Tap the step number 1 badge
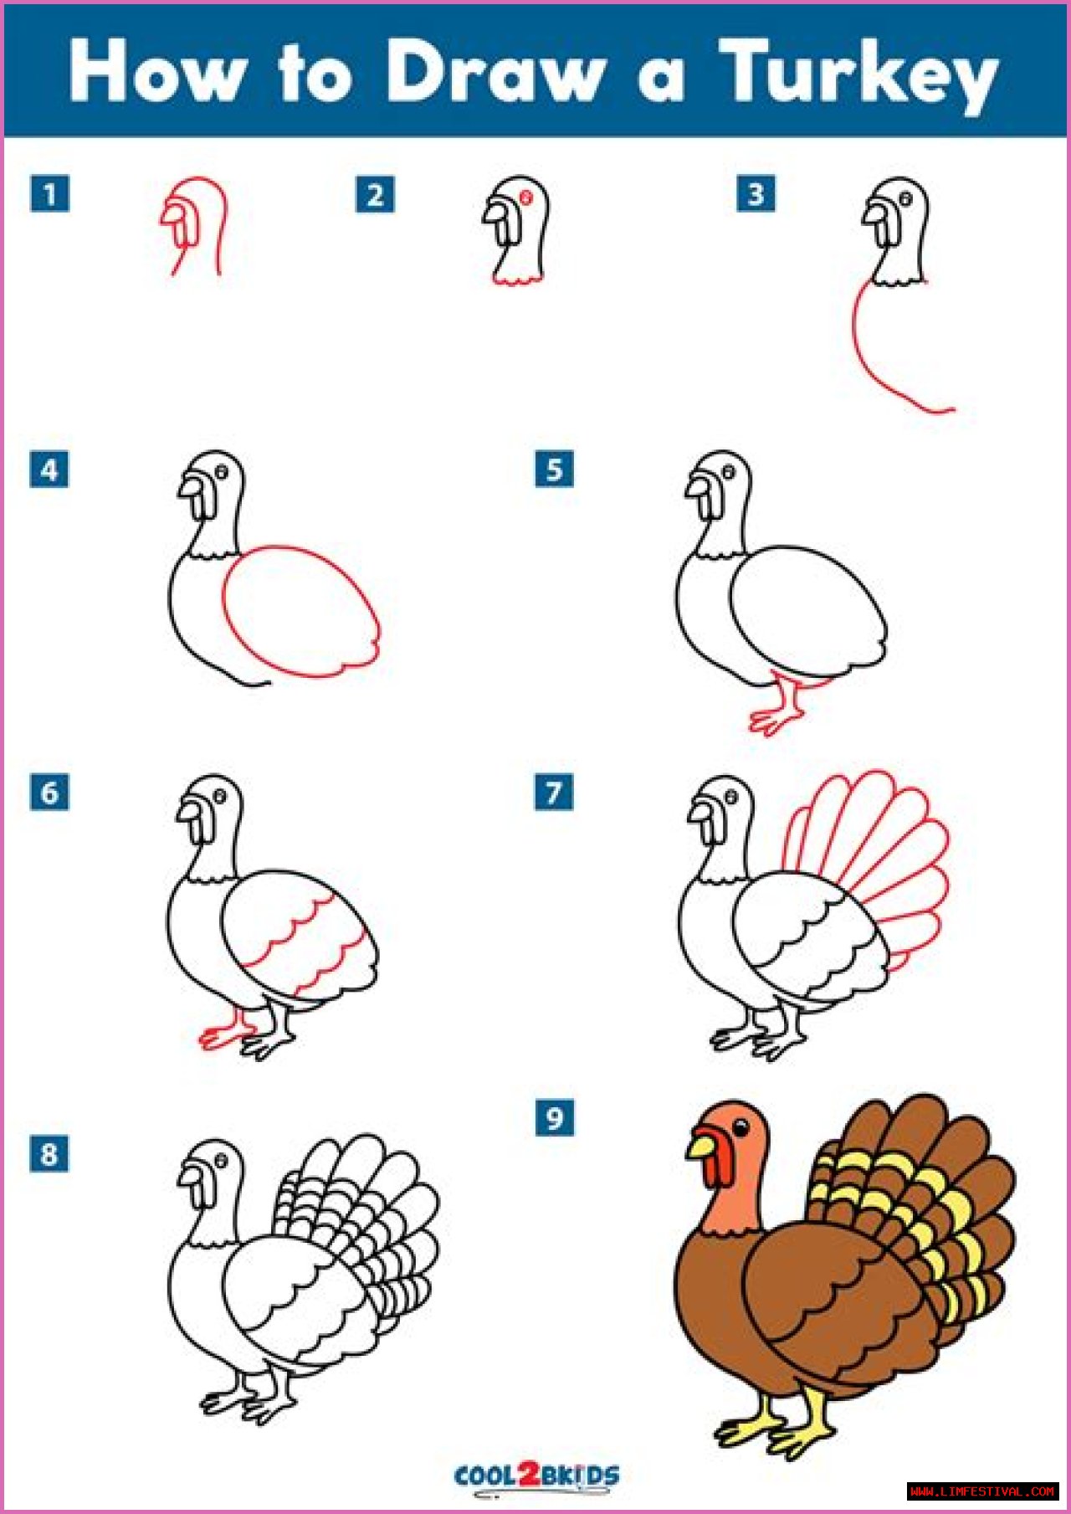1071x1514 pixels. pyautogui.click(x=49, y=194)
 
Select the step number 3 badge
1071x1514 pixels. pyautogui.click(x=756, y=194)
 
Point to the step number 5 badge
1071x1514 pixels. pyautogui.click(x=555, y=469)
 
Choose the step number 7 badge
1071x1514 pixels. pyautogui.click(x=554, y=792)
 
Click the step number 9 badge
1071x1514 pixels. pyautogui.click(x=555, y=1117)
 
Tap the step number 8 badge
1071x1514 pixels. pyautogui.click(x=49, y=1154)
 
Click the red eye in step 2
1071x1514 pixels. pyautogui.click(x=527, y=198)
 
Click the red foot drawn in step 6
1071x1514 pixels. pyautogui.click(x=227, y=1030)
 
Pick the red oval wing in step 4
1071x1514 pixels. pyautogui.click(x=300, y=612)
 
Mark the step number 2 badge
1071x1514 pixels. pyautogui.click(x=375, y=195)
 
